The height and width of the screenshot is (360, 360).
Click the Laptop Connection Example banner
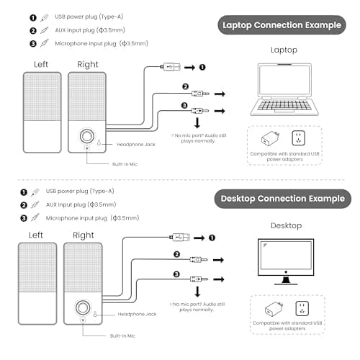[x=282, y=25]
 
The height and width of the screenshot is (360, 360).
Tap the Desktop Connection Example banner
[x=283, y=199]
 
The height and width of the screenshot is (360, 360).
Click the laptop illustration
[x=284, y=89]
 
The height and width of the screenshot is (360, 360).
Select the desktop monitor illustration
[x=286, y=261]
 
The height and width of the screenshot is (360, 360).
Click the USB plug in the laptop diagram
[x=171, y=67]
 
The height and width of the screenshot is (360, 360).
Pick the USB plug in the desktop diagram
[x=179, y=238]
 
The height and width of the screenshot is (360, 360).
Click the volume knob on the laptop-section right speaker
[x=86, y=136]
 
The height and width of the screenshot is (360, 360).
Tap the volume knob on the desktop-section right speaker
[x=83, y=307]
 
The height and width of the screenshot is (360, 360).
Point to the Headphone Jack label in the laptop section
[x=136, y=145]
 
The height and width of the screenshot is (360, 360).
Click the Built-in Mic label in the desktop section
[x=122, y=336]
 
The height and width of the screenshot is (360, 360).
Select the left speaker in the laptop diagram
[x=42, y=112]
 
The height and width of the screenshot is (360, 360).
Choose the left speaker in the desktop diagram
[x=37, y=284]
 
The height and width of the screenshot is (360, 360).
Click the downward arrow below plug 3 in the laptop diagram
[x=197, y=122]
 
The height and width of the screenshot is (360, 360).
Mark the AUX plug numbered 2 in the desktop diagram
[x=199, y=260]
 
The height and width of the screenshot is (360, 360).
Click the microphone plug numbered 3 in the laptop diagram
[x=200, y=111]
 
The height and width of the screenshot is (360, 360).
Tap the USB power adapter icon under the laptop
[x=271, y=138]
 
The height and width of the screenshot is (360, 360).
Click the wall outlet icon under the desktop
[x=302, y=309]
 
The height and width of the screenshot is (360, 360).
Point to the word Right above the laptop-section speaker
[x=88, y=65]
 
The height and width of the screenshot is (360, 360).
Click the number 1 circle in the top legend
[x=33, y=18]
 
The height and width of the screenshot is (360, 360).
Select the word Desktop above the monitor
[x=286, y=225]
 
